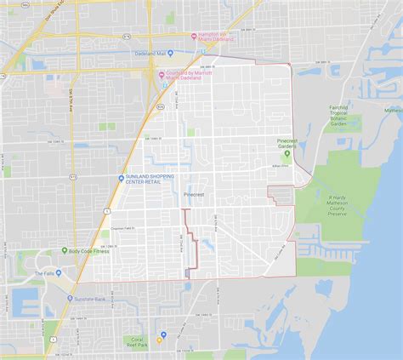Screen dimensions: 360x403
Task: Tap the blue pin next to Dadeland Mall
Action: coord(170,53)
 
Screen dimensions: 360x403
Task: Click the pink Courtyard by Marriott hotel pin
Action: coord(161,73)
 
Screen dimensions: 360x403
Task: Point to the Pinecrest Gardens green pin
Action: coord(287,154)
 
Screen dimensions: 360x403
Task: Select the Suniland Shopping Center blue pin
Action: coord(122,177)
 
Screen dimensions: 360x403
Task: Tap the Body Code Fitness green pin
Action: coord(64,251)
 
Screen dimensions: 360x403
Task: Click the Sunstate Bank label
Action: coord(89,300)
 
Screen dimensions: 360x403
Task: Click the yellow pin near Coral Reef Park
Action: coord(162,335)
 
